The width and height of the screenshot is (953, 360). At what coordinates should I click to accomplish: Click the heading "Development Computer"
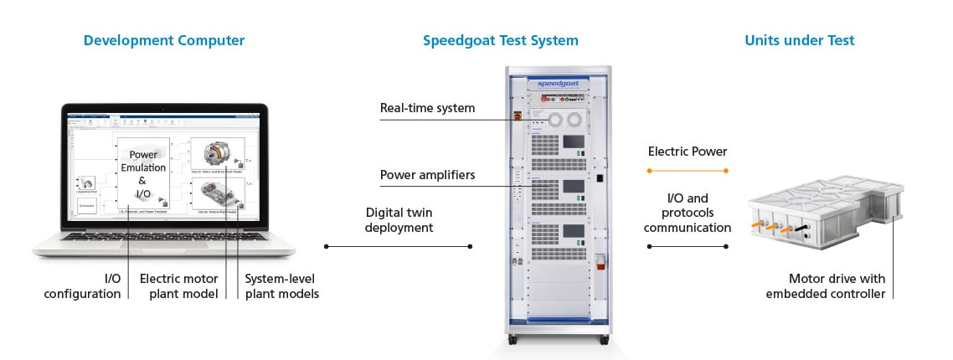click(x=164, y=40)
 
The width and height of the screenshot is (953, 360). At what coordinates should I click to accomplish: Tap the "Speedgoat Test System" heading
click(x=500, y=40)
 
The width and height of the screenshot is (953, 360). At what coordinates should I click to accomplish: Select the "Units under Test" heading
click(x=799, y=40)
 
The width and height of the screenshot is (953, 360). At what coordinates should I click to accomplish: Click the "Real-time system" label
click(x=427, y=108)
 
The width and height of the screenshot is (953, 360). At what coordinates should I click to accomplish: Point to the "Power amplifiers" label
click(x=427, y=175)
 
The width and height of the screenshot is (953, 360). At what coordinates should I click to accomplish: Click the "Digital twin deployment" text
click(x=399, y=219)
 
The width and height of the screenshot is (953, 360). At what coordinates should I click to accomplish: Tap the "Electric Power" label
click(x=688, y=152)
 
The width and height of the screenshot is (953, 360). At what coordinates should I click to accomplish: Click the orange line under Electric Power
click(x=688, y=171)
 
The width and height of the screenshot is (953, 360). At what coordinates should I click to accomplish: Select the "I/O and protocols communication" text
click(x=687, y=213)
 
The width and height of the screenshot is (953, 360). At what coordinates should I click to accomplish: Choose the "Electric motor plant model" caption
click(x=178, y=285)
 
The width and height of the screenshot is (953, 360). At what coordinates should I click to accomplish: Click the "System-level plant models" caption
click(x=281, y=285)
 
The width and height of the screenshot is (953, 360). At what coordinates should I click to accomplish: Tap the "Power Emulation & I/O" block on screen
click(x=142, y=174)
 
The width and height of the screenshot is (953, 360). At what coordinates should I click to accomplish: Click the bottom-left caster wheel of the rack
click(x=513, y=339)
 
